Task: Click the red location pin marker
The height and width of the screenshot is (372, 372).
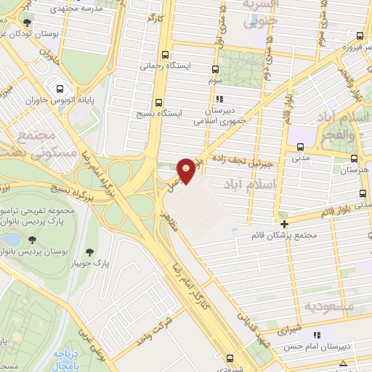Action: [x=187, y=170]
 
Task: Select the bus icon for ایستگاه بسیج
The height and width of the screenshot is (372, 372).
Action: [x=158, y=101]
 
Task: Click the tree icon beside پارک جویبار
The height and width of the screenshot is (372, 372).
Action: [x=89, y=252]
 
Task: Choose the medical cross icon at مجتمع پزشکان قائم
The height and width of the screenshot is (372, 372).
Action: [x=284, y=224]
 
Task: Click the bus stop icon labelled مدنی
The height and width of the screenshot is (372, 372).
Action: [x=296, y=142]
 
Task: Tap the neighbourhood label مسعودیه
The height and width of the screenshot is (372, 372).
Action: [x=329, y=307]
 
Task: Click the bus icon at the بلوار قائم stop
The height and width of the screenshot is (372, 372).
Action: [x=363, y=193]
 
